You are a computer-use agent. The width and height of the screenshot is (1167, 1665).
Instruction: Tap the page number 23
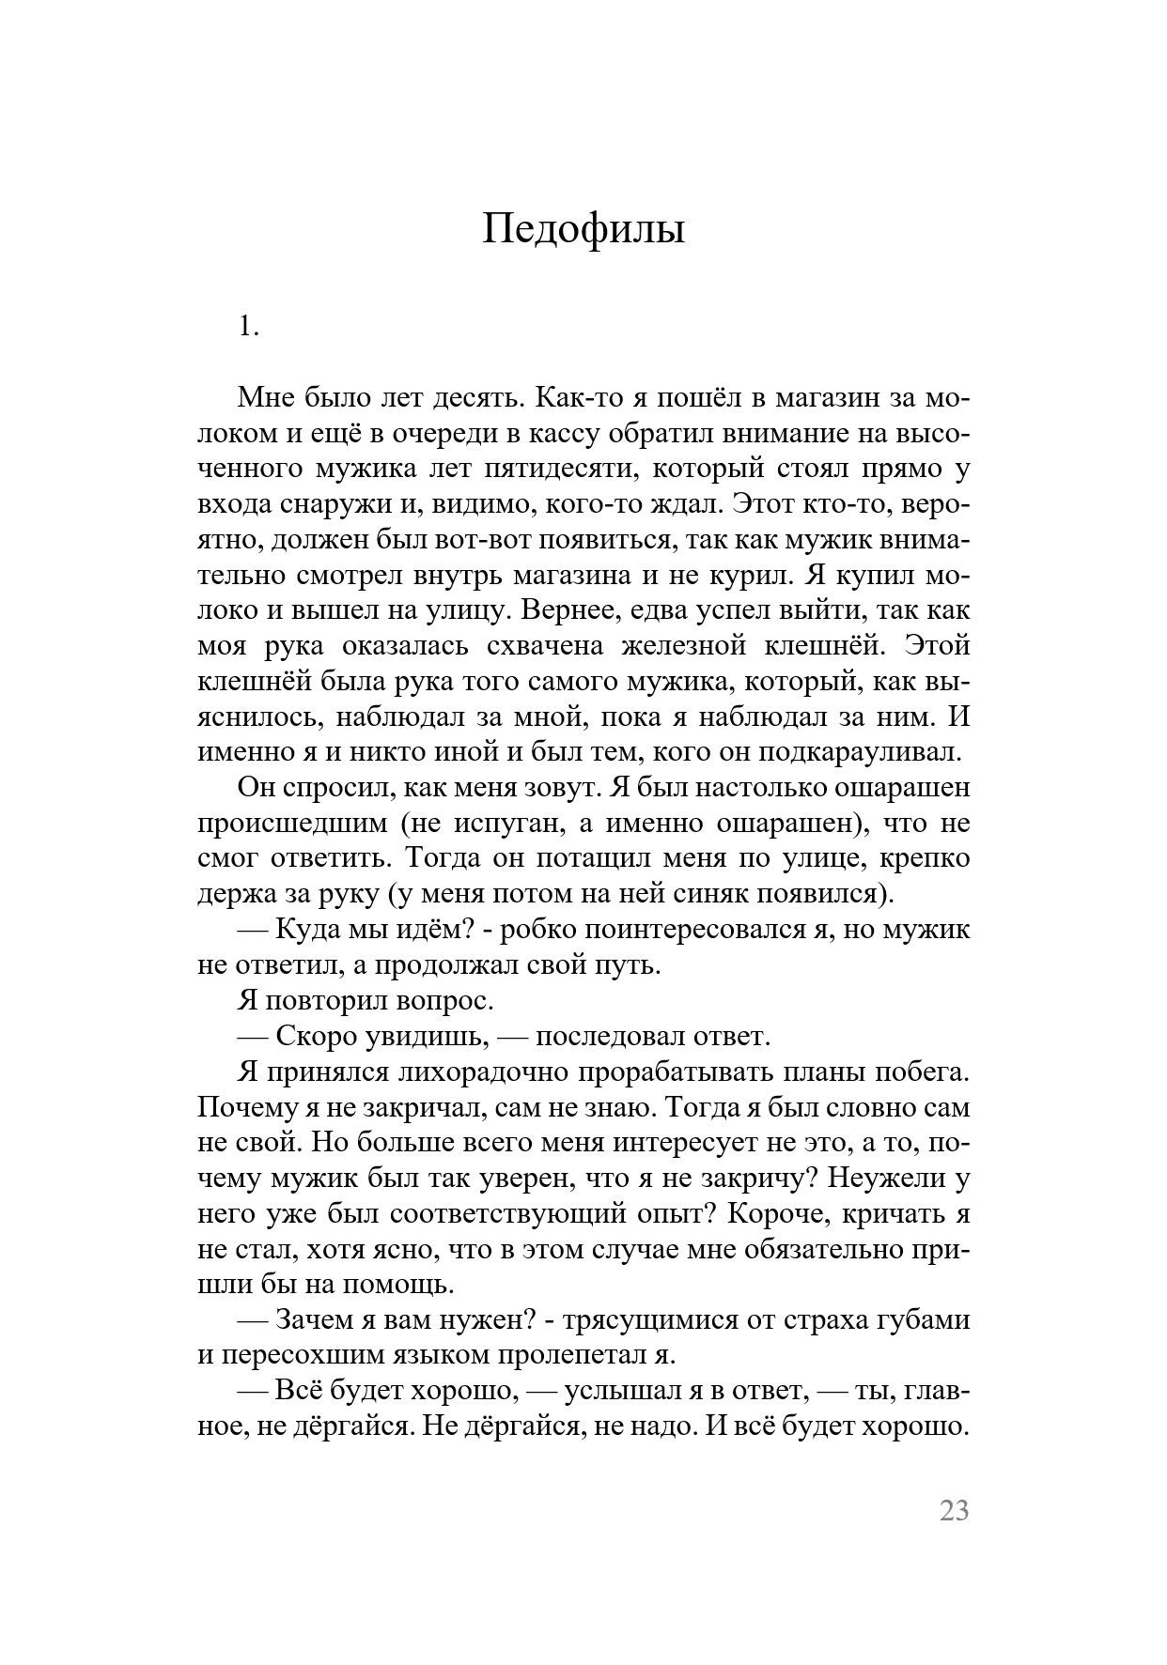953,1511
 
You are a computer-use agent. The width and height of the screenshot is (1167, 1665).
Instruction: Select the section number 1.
248,328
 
